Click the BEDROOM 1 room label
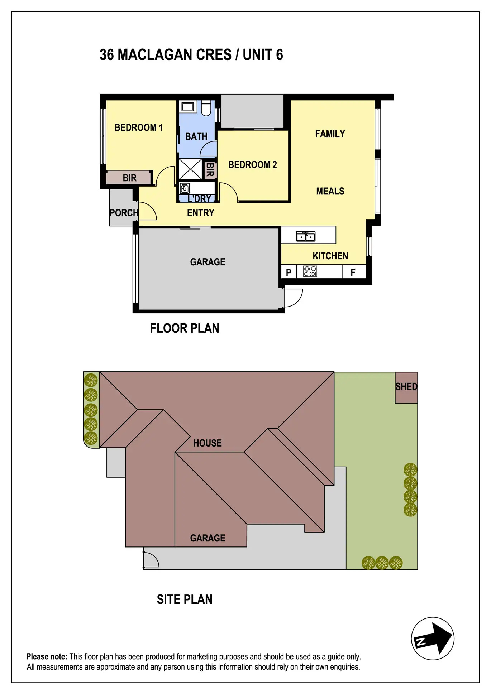(x=138, y=127)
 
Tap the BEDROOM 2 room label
(x=252, y=165)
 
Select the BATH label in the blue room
(x=196, y=136)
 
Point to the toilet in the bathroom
(x=206, y=108)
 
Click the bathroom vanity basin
(x=187, y=106)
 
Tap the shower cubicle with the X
(x=190, y=169)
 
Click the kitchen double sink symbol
(x=306, y=236)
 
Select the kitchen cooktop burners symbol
(x=310, y=271)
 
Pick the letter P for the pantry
(x=289, y=273)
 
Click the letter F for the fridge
(x=353, y=273)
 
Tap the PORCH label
(x=124, y=213)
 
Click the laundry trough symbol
(x=185, y=188)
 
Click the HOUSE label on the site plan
(x=208, y=443)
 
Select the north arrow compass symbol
(x=433, y=638)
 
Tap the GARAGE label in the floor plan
(x=208, y=262)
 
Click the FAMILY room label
(x=330, y=134)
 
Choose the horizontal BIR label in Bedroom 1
(x=129, y=178)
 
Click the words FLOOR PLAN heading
(x=185, y=328)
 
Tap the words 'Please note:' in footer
(x=47, y=657)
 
